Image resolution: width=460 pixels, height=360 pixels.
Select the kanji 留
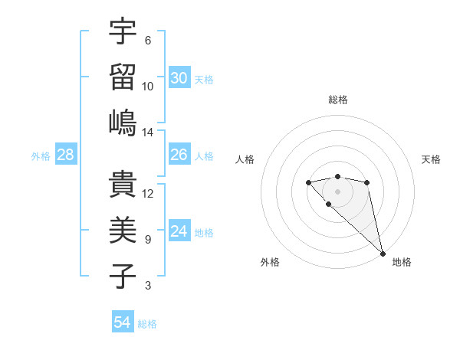point(123,77)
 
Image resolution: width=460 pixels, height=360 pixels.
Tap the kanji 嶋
point(123,123)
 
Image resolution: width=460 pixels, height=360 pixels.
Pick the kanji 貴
point(123,184)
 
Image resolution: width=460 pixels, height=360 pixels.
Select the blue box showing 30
point(179,78)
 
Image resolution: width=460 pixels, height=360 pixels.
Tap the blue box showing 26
point(179,155)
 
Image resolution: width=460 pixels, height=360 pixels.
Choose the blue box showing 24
point(179,231)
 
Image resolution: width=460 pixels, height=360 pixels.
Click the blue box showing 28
point(65,155)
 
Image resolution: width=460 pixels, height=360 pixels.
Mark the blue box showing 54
point(122,322)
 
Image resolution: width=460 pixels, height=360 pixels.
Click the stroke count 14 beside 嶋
point(148,133)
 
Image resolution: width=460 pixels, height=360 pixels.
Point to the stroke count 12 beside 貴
point(148,194)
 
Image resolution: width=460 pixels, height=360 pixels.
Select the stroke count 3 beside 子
point(148,286)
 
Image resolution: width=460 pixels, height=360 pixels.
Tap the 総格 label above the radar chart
point(337,100)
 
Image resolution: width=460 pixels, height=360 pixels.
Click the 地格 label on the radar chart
point(402,262)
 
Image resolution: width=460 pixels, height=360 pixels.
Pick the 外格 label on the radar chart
point(270,262)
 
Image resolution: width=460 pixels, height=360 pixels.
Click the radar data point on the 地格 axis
point(383,254)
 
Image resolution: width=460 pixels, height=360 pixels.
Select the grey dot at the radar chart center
point(337,191)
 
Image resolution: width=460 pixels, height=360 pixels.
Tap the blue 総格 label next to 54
point(147,324)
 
